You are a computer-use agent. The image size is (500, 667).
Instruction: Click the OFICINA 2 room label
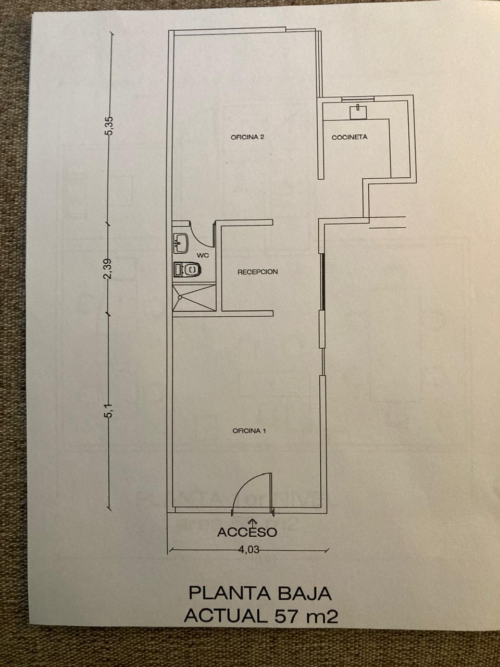247,137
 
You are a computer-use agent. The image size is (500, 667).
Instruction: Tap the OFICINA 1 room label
249,431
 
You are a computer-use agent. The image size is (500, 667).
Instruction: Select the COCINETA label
349,137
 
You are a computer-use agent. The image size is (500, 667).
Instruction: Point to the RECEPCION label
257,271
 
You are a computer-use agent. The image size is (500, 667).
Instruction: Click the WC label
203,255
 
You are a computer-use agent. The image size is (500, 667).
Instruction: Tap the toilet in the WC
187,269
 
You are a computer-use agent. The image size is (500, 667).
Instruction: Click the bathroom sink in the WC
181,243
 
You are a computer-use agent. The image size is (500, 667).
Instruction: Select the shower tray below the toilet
194,298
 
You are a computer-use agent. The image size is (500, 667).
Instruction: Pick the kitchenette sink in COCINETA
358,112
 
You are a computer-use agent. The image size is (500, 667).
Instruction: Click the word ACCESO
247,532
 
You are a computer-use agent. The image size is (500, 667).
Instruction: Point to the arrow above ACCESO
252,522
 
